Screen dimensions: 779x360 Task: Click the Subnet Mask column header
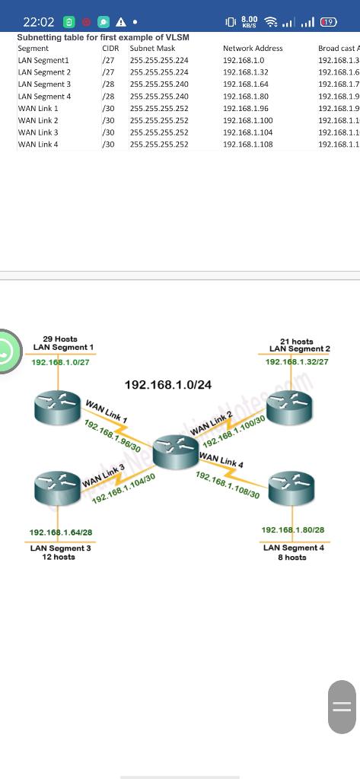[x=152, y=48]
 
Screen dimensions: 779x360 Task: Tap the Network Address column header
[x=253, y=48]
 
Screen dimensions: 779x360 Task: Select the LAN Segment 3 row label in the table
[x=44, y=84]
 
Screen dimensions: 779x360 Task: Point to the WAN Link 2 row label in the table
[x=38, y=121]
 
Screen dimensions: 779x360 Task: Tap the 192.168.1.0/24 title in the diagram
[x=167, y=385]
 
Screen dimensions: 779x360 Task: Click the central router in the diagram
[x=175, y=451]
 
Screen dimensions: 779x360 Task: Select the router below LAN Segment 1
[x=58, y=409]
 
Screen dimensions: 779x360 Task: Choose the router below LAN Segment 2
[x=290, y=410]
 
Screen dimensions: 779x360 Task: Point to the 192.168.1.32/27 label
[x=297, y=362]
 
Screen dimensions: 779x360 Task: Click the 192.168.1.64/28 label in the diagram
[x=61, y=533]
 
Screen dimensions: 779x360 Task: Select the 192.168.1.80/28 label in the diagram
[x=293, y=529]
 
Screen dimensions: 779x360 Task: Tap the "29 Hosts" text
[x=60, y=339]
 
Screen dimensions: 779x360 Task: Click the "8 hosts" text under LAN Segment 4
[x=292, y=557]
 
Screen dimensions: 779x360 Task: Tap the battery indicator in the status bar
[x=329, y=22]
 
